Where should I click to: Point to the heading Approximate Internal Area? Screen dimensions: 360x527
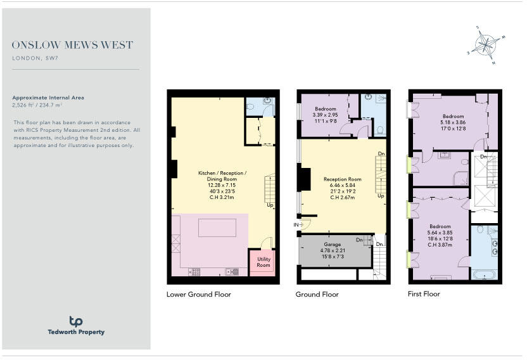[48, 98]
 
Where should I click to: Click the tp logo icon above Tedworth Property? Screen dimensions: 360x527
[75, 321]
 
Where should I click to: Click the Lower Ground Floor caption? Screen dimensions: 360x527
[198, 294]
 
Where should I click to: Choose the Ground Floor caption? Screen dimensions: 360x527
[317, 294]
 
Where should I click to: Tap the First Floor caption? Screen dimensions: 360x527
[424, 294]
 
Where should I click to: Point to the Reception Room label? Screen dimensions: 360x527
[342, 179]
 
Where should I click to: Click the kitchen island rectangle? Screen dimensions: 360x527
[217, 228]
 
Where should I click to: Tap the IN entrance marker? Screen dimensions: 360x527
[296, 224]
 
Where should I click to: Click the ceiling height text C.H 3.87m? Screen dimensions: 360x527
[440, 245]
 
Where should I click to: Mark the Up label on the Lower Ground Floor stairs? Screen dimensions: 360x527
[270, 205]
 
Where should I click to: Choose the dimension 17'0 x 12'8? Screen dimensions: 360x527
[453, 129]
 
